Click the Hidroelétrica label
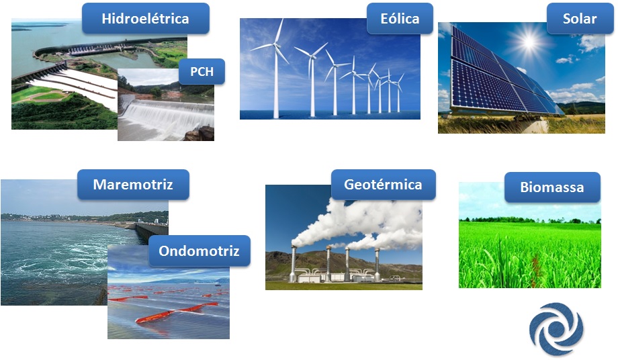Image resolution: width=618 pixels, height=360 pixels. (146, 19)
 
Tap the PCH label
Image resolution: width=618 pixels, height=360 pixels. (202, 72)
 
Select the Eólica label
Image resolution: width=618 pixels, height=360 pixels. (400, 19)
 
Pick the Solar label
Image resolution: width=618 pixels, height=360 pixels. (579, 19)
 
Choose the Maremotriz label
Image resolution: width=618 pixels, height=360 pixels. (133, 184)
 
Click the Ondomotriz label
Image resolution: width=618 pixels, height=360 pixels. (199, 251)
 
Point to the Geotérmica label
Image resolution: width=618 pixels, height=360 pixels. (383, 184)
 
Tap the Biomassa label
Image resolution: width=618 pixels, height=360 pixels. (552, 187)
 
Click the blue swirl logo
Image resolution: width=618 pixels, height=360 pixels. (556, 329)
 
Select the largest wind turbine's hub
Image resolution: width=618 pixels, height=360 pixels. (277, 46)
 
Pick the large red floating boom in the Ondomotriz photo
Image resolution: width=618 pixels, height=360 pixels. (177, 311)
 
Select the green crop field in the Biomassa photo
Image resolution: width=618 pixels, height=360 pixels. (530, 254)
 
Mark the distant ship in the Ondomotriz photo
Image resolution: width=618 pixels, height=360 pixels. (218, 284)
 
